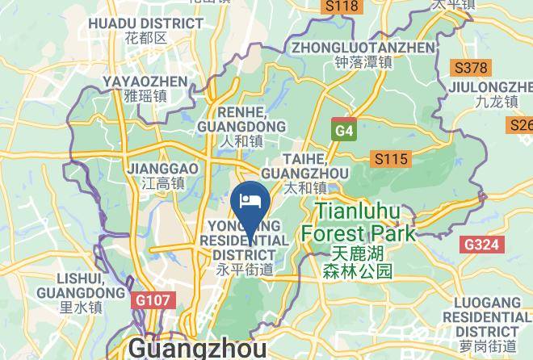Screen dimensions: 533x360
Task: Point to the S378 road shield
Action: pos(471,68)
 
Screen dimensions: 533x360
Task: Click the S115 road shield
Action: pos(388,159)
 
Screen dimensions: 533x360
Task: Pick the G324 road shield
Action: pos(481,244)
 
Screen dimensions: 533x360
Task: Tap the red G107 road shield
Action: pos(151,300)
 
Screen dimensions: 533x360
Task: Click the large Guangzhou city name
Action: pos(197,348)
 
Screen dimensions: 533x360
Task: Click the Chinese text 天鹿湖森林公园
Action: pos(356,262)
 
